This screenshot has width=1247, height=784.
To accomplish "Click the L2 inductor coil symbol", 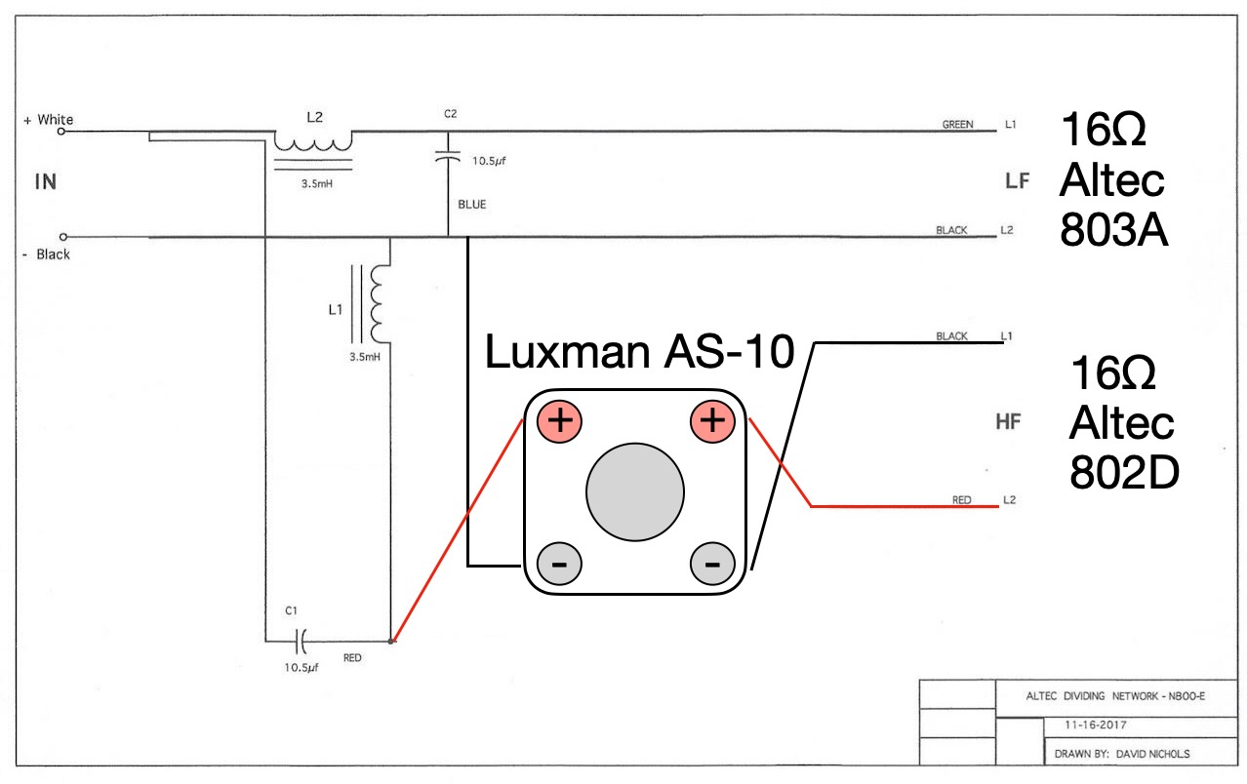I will click(312, 142).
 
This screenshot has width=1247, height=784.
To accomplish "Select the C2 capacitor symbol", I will click(448, 156).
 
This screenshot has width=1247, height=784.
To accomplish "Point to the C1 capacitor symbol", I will click(302, 641).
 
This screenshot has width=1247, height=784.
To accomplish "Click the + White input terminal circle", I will click(64, 128).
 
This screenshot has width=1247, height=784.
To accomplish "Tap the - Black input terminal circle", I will click(64, 237).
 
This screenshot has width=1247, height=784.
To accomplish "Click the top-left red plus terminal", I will click(559, 422).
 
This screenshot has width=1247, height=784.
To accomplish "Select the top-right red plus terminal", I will click(713, 422).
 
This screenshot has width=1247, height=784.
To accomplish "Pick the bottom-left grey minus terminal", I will click(559, 564).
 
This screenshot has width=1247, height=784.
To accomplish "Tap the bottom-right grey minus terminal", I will click(713, 564).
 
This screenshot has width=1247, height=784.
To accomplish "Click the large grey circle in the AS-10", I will click(635, 492).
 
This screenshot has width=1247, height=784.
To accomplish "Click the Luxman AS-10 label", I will click(640, 353).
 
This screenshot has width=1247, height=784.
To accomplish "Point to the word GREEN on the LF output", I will click(957, 125).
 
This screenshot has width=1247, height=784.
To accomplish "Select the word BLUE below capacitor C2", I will click(471, 206).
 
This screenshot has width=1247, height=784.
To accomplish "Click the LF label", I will click(1017, 180).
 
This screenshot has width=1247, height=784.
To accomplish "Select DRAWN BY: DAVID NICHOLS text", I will click(1121, 754).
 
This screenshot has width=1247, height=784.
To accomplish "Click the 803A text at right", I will click(1113, 233).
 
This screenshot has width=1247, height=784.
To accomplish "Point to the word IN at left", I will click(46, 181).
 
